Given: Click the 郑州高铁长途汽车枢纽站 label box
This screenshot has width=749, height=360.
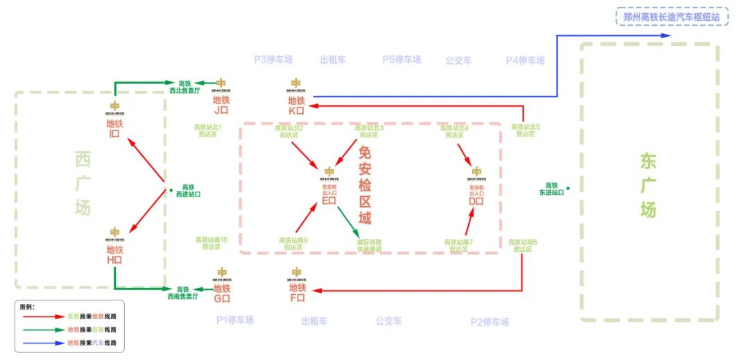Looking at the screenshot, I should pos(672,16).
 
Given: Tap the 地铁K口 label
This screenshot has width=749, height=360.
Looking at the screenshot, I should pos(297,105).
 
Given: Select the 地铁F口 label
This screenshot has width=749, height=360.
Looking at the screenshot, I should pos(297,292).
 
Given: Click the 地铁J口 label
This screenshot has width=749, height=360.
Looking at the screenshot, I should pos(221,105).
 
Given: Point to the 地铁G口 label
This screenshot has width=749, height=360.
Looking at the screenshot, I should pos(222,293).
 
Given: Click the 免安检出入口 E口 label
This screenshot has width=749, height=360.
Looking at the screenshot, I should pos(329,194).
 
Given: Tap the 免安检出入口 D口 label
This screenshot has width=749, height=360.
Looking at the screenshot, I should pos(476,195).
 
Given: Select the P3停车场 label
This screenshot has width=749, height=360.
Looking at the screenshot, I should pos(273,60).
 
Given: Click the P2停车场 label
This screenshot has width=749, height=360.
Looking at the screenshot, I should pos(490,322).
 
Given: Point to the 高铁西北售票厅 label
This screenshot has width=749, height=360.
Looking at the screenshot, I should pos(184,87).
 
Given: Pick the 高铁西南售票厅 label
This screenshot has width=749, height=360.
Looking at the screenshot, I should pos(182,293).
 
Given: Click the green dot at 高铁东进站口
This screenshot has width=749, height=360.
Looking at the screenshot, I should pos(568,188).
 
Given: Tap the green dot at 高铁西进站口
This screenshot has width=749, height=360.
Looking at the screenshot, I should pos(170,189).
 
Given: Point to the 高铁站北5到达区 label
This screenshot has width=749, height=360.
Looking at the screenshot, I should pos(525,130).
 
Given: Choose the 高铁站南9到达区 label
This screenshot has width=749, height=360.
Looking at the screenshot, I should pos(293,243).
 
